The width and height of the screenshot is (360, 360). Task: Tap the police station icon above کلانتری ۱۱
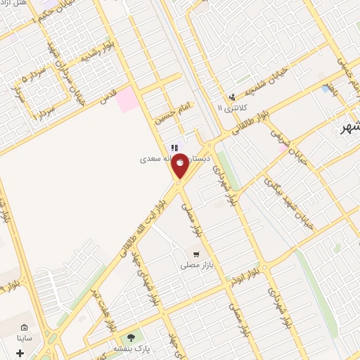click(231, 97)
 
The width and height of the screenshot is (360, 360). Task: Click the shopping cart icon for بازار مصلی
click(196, 255)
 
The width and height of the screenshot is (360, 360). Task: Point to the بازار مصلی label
click(195, 265)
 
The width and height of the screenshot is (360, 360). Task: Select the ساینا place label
click(25, 338)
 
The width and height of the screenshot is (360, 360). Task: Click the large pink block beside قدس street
click(128, 99)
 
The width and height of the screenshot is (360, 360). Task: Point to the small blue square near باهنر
click(325, 89)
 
